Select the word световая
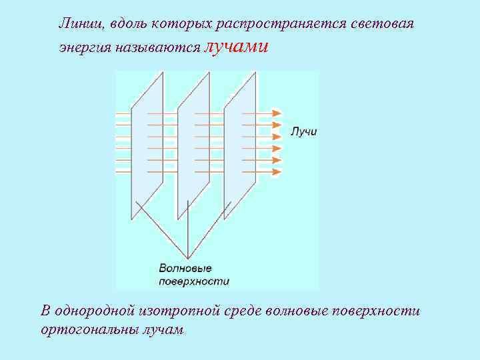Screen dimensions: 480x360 (x=383, y=24)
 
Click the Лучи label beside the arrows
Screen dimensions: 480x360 (x=304, y=132)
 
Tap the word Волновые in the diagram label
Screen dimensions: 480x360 (x=185, y=268)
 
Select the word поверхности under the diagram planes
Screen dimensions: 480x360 (x=193, y=281)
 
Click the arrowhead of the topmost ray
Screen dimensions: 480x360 (x=279, y=113)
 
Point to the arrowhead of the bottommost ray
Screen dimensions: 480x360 (x=279, y=172)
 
